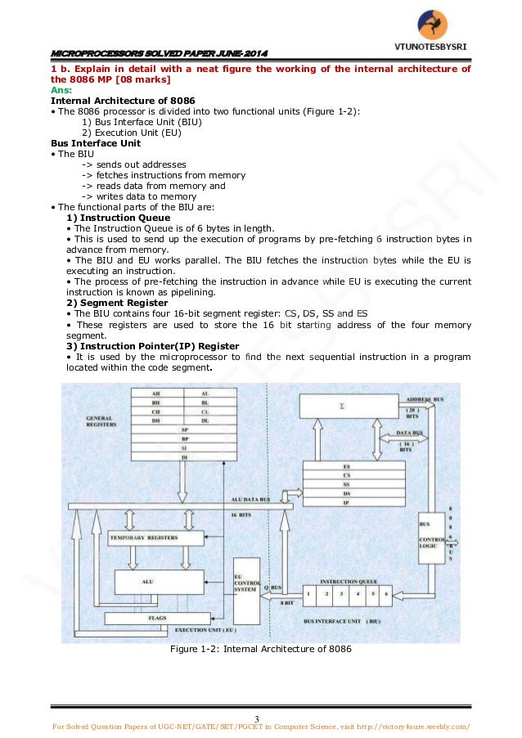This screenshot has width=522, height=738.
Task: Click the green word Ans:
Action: tap(61, 90)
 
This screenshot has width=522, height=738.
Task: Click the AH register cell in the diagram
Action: tap(155, 394)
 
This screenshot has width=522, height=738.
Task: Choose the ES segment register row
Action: tap(347, 466)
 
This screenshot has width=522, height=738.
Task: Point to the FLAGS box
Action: tap(157, 618)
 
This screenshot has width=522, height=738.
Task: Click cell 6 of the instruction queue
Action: tap(383, 592)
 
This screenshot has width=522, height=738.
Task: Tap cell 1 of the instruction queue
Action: tap(310, 592)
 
